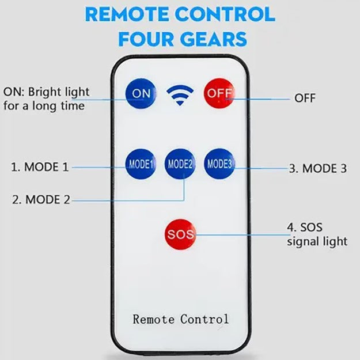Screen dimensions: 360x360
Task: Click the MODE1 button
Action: point(141,164)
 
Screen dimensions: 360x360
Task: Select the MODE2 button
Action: point(180,164)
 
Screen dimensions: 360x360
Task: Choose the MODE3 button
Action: point(219,164)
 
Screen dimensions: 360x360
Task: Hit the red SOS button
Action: point(180,234)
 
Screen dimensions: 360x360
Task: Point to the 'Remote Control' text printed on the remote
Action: point(180,319)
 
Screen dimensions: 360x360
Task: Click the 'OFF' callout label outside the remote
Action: point(305,98)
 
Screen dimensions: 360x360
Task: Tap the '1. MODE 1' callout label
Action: point(40,167)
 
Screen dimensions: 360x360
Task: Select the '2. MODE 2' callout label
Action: point(41,200)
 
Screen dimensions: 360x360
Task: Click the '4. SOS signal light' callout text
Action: point(317,234)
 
